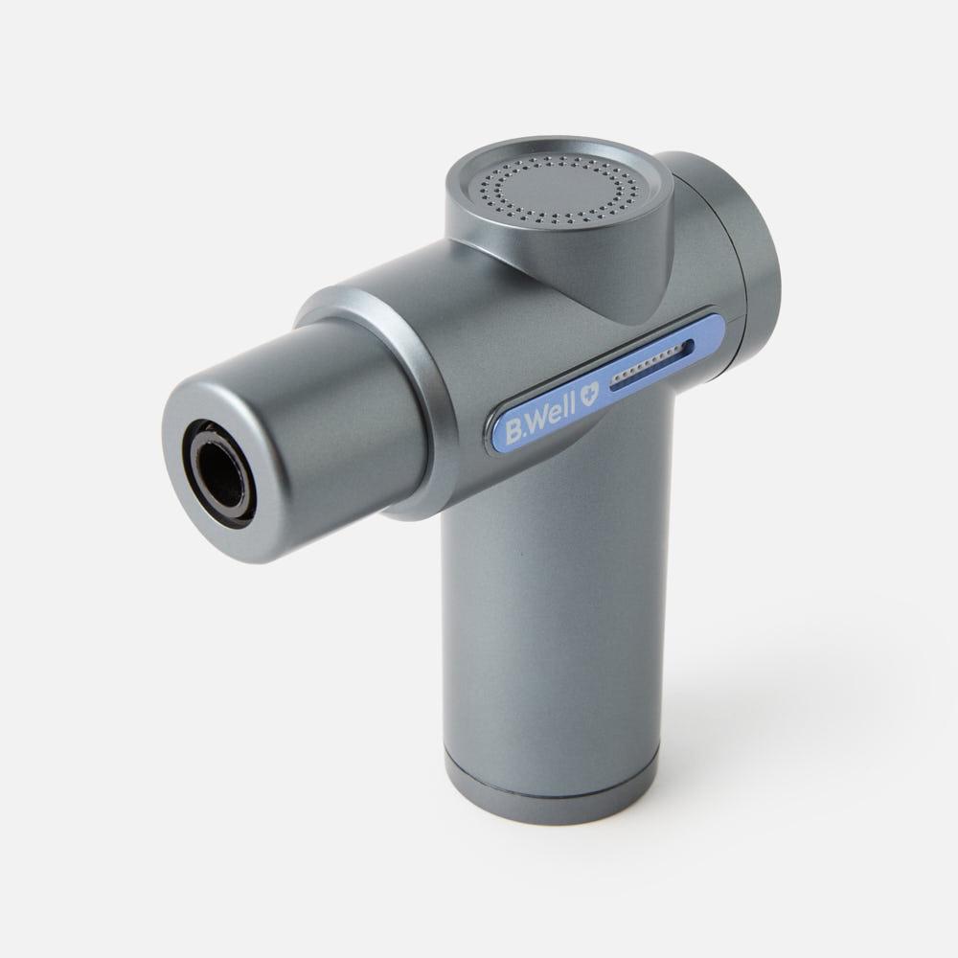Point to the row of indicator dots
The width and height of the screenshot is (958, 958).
point(647,367)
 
